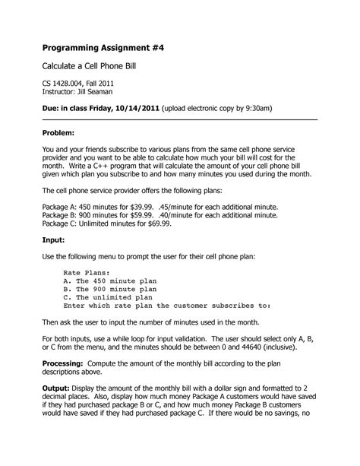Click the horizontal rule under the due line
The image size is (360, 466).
click(x=179, y=119)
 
